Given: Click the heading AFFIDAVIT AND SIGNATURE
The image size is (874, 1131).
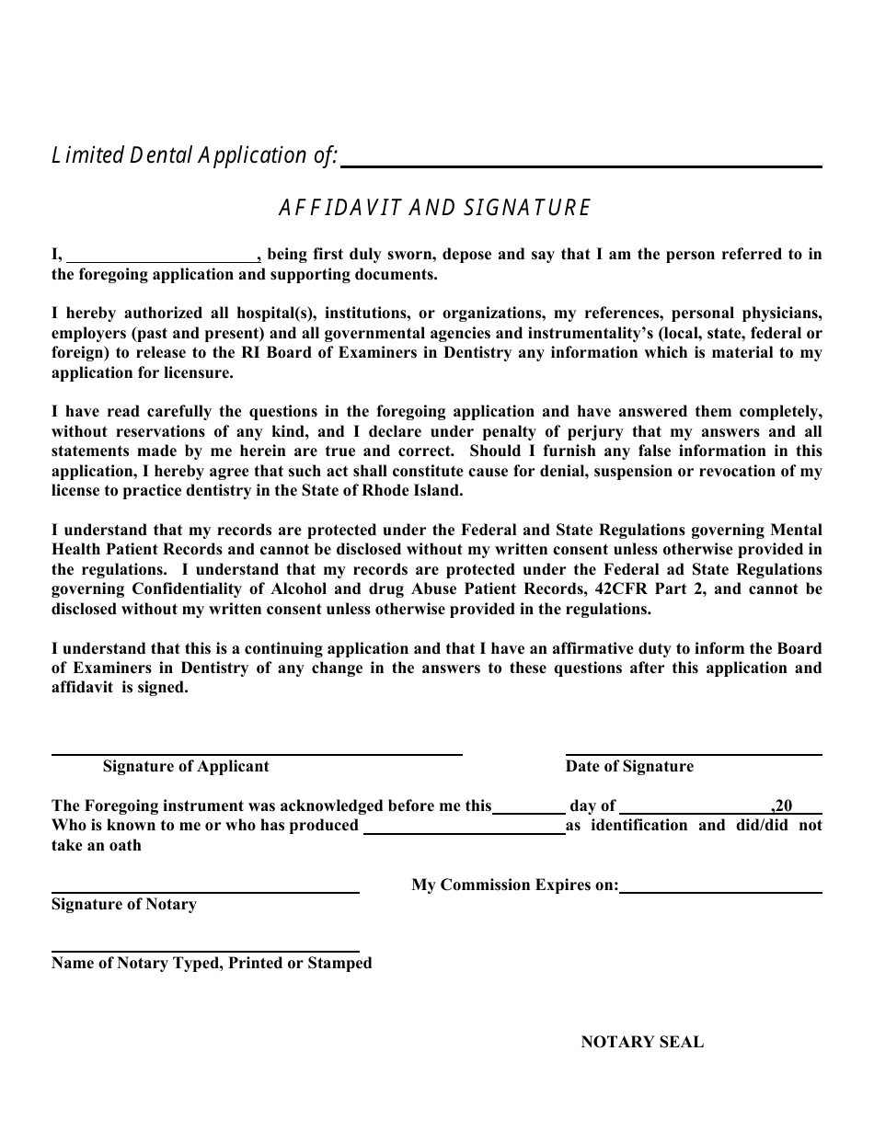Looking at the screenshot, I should coord(434,208).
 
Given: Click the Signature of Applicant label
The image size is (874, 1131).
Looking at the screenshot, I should coord(186,766).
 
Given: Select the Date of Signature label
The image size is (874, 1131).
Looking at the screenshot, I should coord(629,766).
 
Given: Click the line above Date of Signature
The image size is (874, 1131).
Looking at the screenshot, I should coord(694,753).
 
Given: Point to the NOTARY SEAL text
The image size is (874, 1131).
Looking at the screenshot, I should coord(642,1042).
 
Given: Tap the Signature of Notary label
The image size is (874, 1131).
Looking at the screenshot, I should coord(124,904).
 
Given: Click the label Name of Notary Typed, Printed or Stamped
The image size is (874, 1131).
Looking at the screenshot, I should coord(212,963).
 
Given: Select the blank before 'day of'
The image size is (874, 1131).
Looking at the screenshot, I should coord(529,810).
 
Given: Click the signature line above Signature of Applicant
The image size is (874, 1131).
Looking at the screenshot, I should coord(257,753).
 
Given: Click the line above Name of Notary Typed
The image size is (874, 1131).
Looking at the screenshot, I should coord(205,950).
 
